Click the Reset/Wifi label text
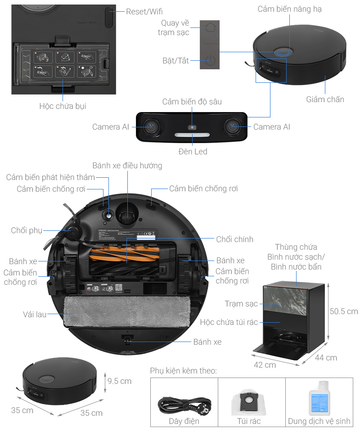[144, 12]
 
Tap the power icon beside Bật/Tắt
[208, 60]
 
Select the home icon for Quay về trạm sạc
[208, 28]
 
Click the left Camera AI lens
[151, 127]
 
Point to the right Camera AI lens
[234, 127]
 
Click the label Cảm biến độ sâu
[192, 102]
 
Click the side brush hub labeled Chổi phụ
[71, 231]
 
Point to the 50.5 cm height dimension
[343, 311]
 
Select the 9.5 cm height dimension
[119, 381]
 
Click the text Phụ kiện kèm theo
[183, 371]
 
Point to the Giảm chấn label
[325, 99]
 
